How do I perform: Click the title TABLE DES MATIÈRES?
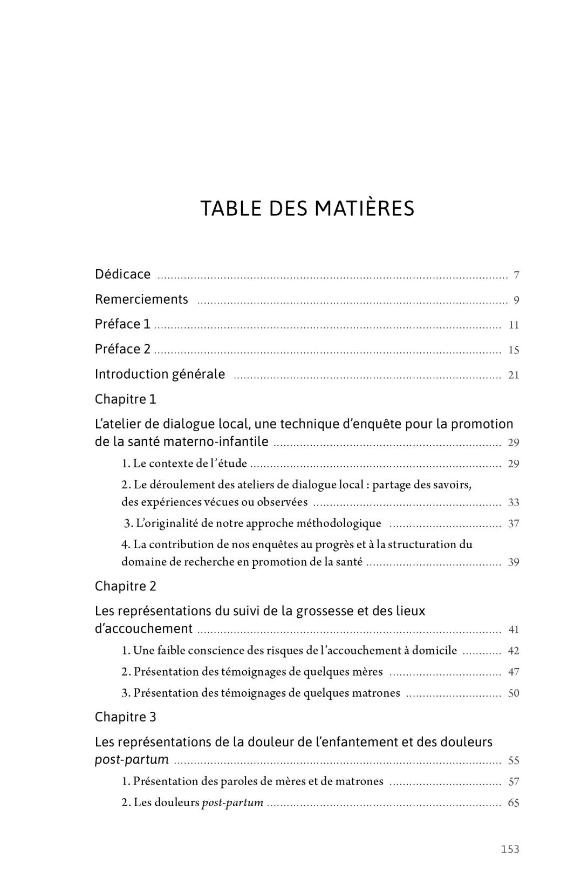pos(307,209)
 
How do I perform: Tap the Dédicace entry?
pos(122,274)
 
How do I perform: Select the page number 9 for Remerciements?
pos(516,301)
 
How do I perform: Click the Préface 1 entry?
pos(122,324)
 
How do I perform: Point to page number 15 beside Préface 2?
pos(514,350)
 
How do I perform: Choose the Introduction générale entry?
pos(160,374)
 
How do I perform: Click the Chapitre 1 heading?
pos(125,399)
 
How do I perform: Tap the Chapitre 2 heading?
pos(125,586)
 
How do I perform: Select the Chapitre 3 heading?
pos(125,717)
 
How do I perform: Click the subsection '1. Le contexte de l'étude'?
pos(184,463)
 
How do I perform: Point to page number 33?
pos(514,502)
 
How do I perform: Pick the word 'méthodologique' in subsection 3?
pos(339,523)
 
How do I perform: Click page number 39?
pos(514,562)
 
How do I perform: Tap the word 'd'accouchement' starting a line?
pos(143,629)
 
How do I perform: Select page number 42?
pos(514,651)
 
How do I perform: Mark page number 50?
pos(514,693)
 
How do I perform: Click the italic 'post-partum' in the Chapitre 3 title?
pos(132,760)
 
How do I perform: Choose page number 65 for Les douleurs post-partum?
pos(514,803)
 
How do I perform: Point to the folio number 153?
pos(510,849)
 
